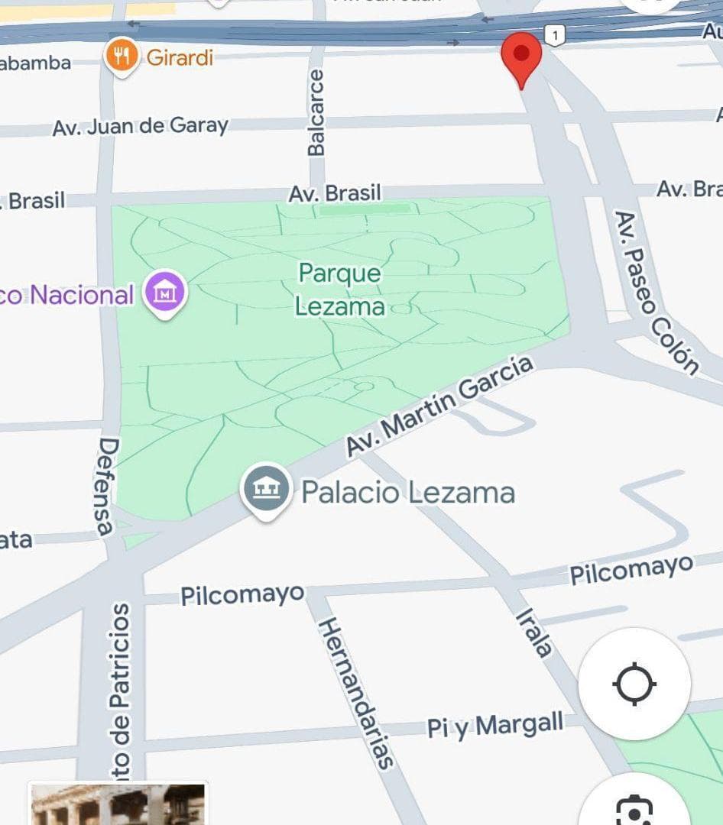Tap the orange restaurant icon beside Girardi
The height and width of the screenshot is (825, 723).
click(x=122, y=56)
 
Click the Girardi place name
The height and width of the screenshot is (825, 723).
click(x=180, y=57)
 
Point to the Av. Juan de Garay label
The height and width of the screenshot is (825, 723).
click(x=140, y=126)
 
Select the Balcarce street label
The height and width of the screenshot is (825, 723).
click(x=316, y=112)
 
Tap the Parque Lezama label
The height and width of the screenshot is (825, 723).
click(x=340, y=290)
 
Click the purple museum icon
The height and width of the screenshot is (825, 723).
click(x=166, y=293)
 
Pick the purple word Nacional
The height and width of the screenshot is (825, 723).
click(x=82, y=295)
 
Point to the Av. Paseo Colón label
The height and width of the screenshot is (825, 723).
click(x=657, y=293)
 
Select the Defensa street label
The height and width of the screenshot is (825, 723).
click(x=107, y=486)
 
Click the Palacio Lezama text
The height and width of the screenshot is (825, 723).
click(x=408, y=492)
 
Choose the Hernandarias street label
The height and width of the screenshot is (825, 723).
click(x=355, y=692)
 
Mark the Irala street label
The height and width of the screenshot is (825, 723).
click(x=533, y=632)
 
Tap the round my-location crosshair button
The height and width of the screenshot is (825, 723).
click(x=634, y=684)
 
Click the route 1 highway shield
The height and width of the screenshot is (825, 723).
click(x=556, y=34)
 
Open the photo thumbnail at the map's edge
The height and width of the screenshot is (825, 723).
click(x=118, y=804)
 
